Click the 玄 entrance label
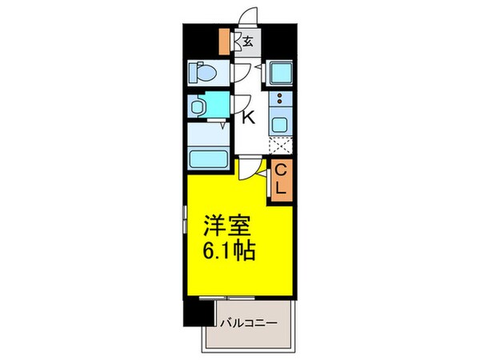pos(249,42)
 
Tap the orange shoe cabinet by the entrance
pos(226,40)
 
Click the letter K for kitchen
pos(248,118)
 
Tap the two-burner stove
pos(279,102)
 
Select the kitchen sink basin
pos(279,124)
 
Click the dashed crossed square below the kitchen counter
pos(279,146)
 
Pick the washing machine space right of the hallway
pos(279,74)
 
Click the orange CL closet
pos(281,179)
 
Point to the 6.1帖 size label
pos(229,252)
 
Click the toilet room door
pos(240,73)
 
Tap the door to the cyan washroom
pos(240,104)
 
